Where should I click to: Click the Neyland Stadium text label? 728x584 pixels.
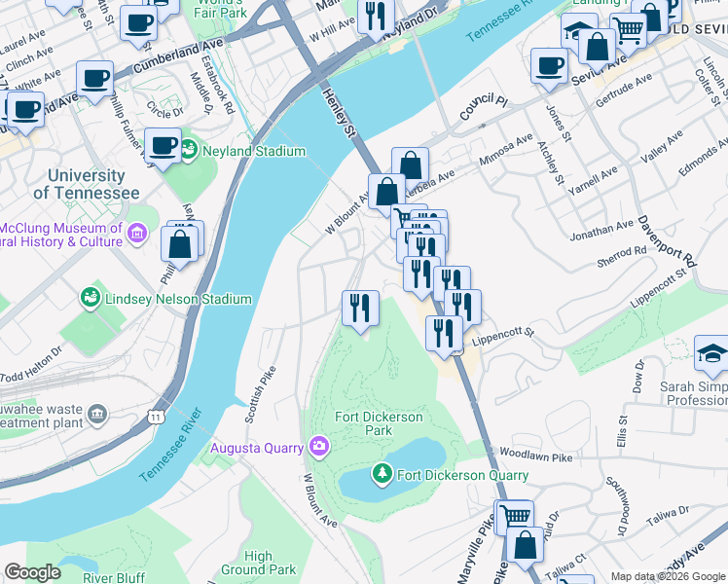pyautogui.click(x=255, y=151)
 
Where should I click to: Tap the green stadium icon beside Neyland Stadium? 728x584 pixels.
pyautogui.click(x=190, y=151)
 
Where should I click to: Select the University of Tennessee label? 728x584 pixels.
pyautogui.click(x=86, y=185)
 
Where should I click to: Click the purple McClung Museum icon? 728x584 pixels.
pyautogui.click(x=136, y=234)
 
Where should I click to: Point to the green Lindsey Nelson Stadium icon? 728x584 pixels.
pyautogui.click(x=91, y=296)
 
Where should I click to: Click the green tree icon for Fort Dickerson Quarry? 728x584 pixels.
pyautogui.click(x=382, y=475)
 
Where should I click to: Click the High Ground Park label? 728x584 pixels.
pyautogui.click(x=258, y=563)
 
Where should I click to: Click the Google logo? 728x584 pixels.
pyautogui.click(x=32, y=572)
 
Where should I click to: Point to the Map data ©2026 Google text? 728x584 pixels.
pyautogui.click(x=667, y=576)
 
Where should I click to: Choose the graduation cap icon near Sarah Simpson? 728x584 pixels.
pyautogui.click(x=711, y=354)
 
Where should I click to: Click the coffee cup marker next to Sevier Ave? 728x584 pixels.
pyautogui.click(x=549, y=66)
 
